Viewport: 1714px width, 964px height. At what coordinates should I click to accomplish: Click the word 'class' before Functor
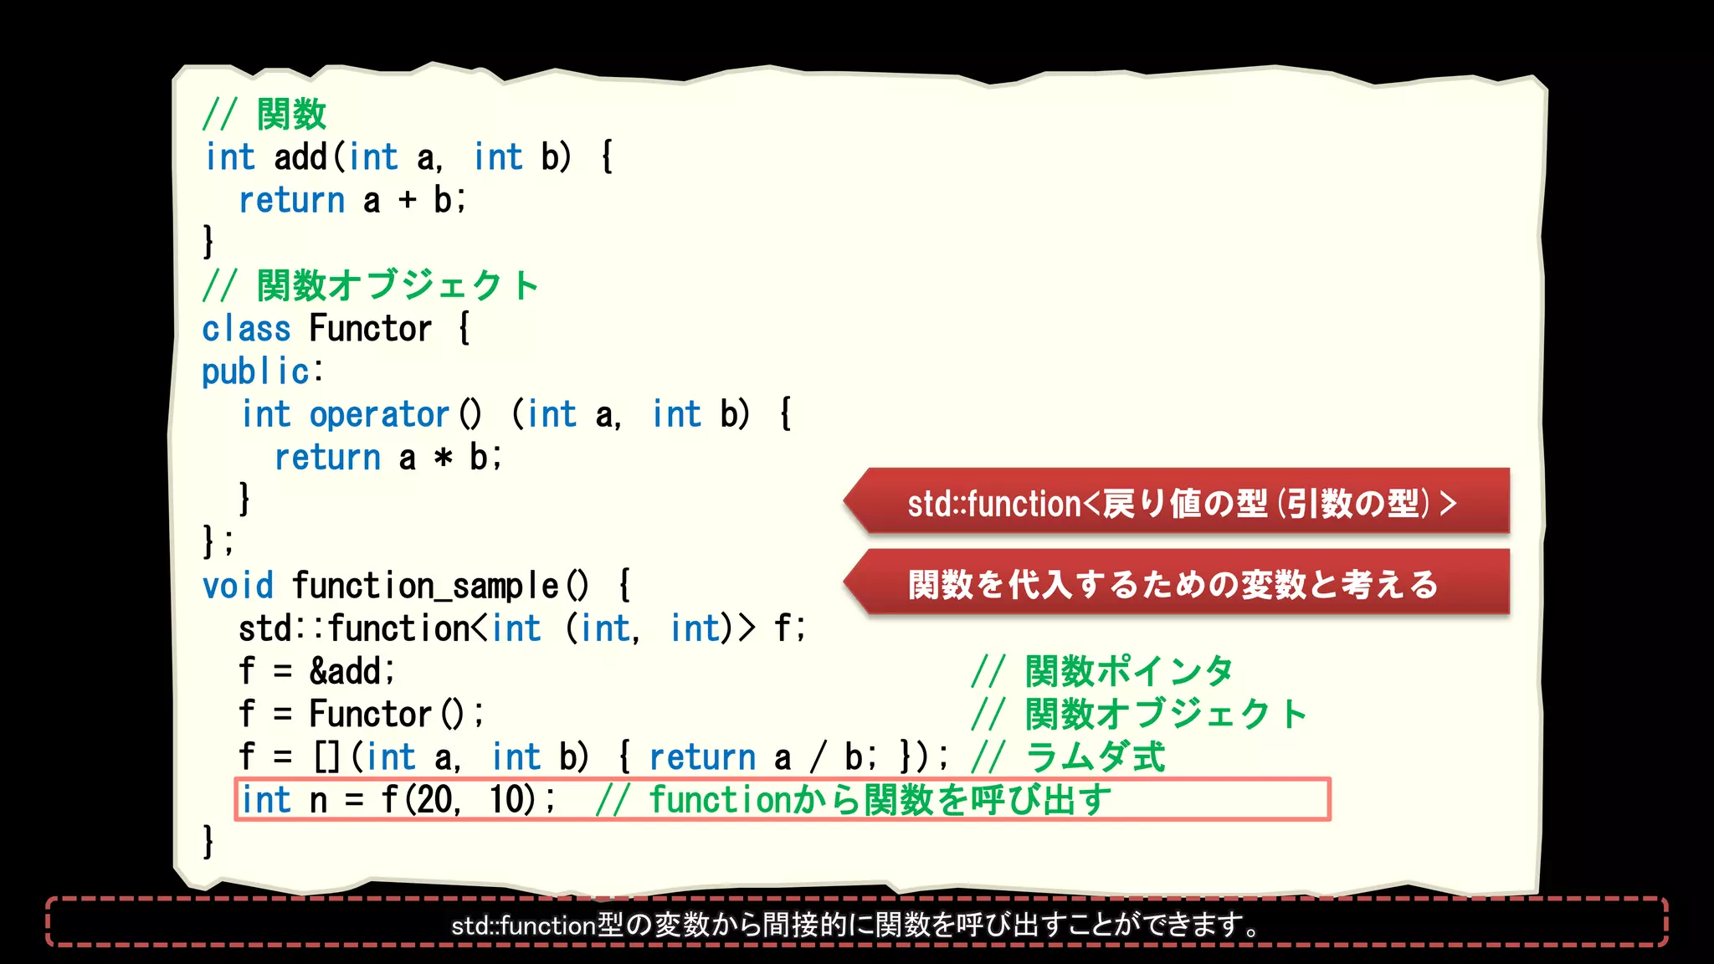pyautogui.click(x=246, y=329)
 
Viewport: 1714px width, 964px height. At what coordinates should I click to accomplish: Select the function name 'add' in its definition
pyautogui.click(x=300, y=157)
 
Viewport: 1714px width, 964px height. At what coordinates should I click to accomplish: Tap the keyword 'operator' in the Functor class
pyautogui.click(x=379, y=414)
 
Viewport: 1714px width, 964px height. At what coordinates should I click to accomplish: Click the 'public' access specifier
pyautogui.click(x=256, y=372)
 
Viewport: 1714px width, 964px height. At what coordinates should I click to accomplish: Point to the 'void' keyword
pyautogui.click(x=238, y=586)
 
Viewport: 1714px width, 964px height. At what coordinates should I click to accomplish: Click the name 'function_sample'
pyautogui.click(x=425, y=586)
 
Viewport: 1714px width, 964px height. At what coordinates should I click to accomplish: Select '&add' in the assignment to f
pyautogui.click(x=346, y=671)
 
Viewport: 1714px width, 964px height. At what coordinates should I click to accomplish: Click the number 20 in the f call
pyautogui.click(x=435, y=800)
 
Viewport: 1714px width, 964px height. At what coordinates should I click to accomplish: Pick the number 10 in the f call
pyautogui.click(x=507, y=800)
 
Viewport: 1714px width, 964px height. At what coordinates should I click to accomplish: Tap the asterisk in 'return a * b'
pyautogui.click(x=443, y=458)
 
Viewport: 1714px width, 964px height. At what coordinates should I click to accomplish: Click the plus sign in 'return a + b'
pyautogui.click(x=408, y=200)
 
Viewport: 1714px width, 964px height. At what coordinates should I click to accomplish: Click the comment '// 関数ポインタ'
pyautogui.click(x=1102, y=671)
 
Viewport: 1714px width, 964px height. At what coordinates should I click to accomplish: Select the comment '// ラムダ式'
pyautogui.click(x=1068, y=757)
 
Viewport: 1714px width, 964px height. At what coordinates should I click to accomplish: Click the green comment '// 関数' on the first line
pyautogui.click(x=264, y=114)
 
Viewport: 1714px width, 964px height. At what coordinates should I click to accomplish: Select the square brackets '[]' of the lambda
pyautogui.click(x=326, y=757)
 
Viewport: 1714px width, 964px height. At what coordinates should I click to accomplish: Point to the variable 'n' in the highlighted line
pyautogui.click(x=318, y=801)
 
